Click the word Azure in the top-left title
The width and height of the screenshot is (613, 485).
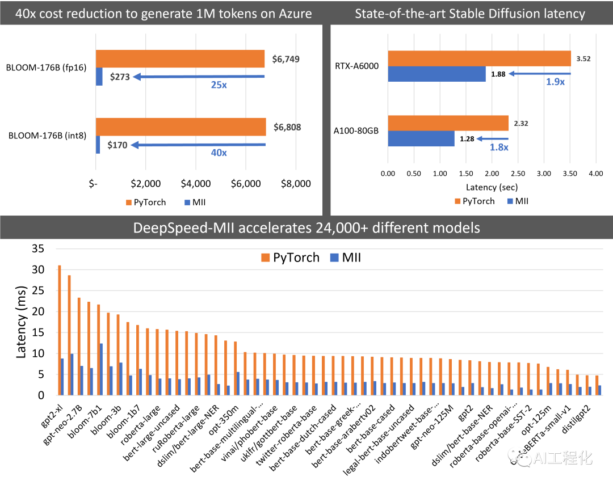point(292,13)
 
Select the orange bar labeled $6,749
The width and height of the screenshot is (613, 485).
point(180,59)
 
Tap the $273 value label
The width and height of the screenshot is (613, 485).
point(120,77)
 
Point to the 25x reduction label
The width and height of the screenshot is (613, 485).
point(219,85)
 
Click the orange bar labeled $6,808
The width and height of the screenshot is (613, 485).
point(180,126)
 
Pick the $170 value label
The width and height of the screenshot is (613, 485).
point(117,145)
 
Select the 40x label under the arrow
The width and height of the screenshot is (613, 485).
point(219,153)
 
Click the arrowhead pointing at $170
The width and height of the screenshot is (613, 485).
point(135,145)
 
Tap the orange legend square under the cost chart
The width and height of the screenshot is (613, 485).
point(129,203)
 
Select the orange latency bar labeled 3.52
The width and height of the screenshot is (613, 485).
point(479,58)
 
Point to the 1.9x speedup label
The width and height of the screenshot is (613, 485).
point(555,82)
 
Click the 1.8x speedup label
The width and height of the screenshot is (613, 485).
point(499,147)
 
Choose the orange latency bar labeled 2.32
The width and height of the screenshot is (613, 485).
point(448,123)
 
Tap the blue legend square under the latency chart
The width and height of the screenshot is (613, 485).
point(510,201)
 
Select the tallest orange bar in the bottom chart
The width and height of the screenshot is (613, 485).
point(59,330)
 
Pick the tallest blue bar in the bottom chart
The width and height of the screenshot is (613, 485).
point(101,369)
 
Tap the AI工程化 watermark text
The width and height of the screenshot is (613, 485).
point(563,458)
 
